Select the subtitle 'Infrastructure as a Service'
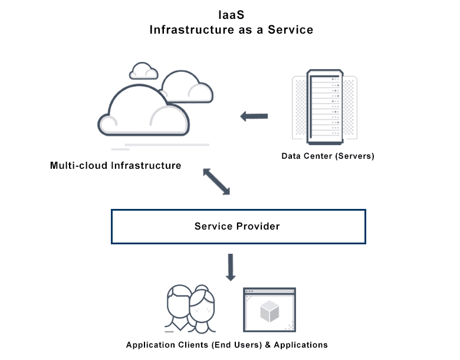(x=231, y=30)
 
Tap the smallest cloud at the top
(x=143, y=71)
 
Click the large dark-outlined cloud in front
(x=144, y=112)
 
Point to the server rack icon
(x=324, y=107)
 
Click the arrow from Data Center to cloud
(x=254, y=116)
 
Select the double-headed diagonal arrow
(x=216, y=181)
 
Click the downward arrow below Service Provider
(x=231, y=267)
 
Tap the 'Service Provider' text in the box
(x=237, y=226)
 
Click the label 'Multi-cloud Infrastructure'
(x=116, y=166)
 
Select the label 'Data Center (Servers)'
(x=327, y=156)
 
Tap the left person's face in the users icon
(x=179, y=304)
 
